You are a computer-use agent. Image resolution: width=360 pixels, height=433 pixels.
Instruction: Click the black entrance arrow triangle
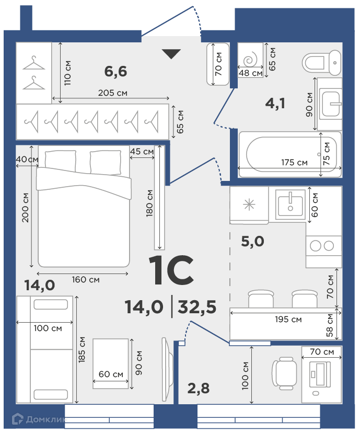pyautogui.click(x=171, y=53)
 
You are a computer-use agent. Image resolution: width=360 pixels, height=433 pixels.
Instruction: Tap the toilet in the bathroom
pyautogui.click(x=322, y=63)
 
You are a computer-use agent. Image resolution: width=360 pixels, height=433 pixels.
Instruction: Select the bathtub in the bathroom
pyautogui.click(x=290, y=154)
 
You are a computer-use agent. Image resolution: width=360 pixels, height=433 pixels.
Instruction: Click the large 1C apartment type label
pyautogui.click(x=171, y=270)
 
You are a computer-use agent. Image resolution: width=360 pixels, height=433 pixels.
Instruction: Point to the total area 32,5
pyautogui.click(x=197, y=307)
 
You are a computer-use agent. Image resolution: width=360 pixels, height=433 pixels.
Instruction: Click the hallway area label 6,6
pyautogui.click(x=115, y=71)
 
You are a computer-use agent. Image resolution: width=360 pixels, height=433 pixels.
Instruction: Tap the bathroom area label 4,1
pyautogui.click(x=275, y=103)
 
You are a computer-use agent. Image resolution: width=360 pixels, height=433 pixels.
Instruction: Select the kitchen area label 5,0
pyautogui.click(x=252, y=242)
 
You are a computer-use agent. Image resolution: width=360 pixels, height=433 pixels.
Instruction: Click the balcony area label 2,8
pyautogui.click(x=199, y=388)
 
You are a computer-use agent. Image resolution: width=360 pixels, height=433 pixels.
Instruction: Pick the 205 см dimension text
pyautogui.click(x=113, y=93)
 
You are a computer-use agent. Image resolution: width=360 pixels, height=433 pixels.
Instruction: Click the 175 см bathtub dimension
pyautogui.click(x=294, y=162)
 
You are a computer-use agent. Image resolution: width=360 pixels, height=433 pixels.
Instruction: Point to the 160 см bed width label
pyautogui.click(x=86, y=279)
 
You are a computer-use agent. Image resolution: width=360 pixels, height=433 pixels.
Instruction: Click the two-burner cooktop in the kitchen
pyautogui.click(x=323, y=246)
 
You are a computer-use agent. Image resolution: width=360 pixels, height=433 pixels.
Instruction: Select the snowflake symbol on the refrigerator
pyautogui.click(x=249, y=204)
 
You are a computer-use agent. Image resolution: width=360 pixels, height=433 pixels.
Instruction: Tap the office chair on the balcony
pyautogui.click(x=284, y=373)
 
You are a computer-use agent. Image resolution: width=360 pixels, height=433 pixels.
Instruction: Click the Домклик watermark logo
pyautogui.click(x=39, y=419)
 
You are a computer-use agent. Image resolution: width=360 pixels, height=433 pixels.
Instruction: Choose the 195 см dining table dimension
pyautogui.click(x=288, y=319)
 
